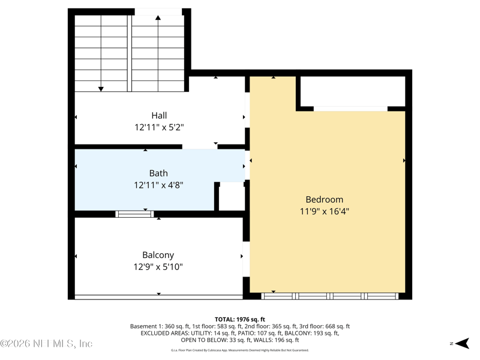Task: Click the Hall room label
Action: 159,115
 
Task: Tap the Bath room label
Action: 158,173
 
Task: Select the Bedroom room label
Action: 324,199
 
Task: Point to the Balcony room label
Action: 158,255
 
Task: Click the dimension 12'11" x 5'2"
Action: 159,127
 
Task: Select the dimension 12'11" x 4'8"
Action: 158,185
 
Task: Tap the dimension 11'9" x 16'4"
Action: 324,211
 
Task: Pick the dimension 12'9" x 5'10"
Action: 158,267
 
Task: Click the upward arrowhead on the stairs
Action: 158,18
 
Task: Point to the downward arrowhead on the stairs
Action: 101,89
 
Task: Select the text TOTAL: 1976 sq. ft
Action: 240,319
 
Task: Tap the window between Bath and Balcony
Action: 134,214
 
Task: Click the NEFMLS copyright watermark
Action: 46,344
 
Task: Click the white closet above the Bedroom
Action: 351,91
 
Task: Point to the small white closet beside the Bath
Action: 231,196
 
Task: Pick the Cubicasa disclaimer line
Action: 240,350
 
